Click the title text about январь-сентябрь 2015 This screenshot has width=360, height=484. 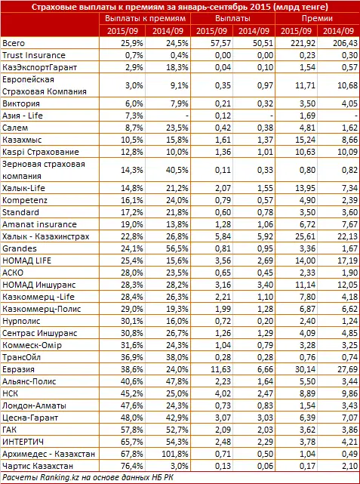(180, 7)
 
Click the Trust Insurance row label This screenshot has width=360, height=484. (34, 56)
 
